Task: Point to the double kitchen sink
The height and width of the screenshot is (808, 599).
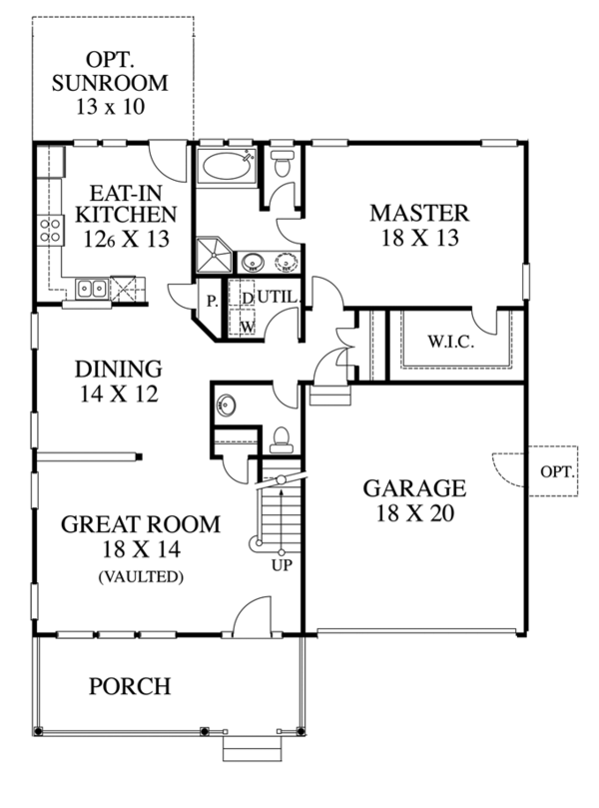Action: (94, 290)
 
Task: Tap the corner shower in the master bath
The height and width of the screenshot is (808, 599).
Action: (212, 254)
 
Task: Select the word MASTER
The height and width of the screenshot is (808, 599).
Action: (418, 213)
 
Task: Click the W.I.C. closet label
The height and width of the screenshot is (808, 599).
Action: (451, 342)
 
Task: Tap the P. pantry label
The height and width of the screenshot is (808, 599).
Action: (212, 300)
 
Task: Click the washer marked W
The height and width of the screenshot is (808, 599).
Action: (244, 326)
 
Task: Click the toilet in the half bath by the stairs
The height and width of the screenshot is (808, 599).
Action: (281, 436)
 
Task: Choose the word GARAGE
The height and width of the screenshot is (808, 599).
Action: (413, 488)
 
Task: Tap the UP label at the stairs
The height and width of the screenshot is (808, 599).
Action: (282, 564)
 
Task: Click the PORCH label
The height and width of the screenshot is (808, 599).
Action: (129, 687)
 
